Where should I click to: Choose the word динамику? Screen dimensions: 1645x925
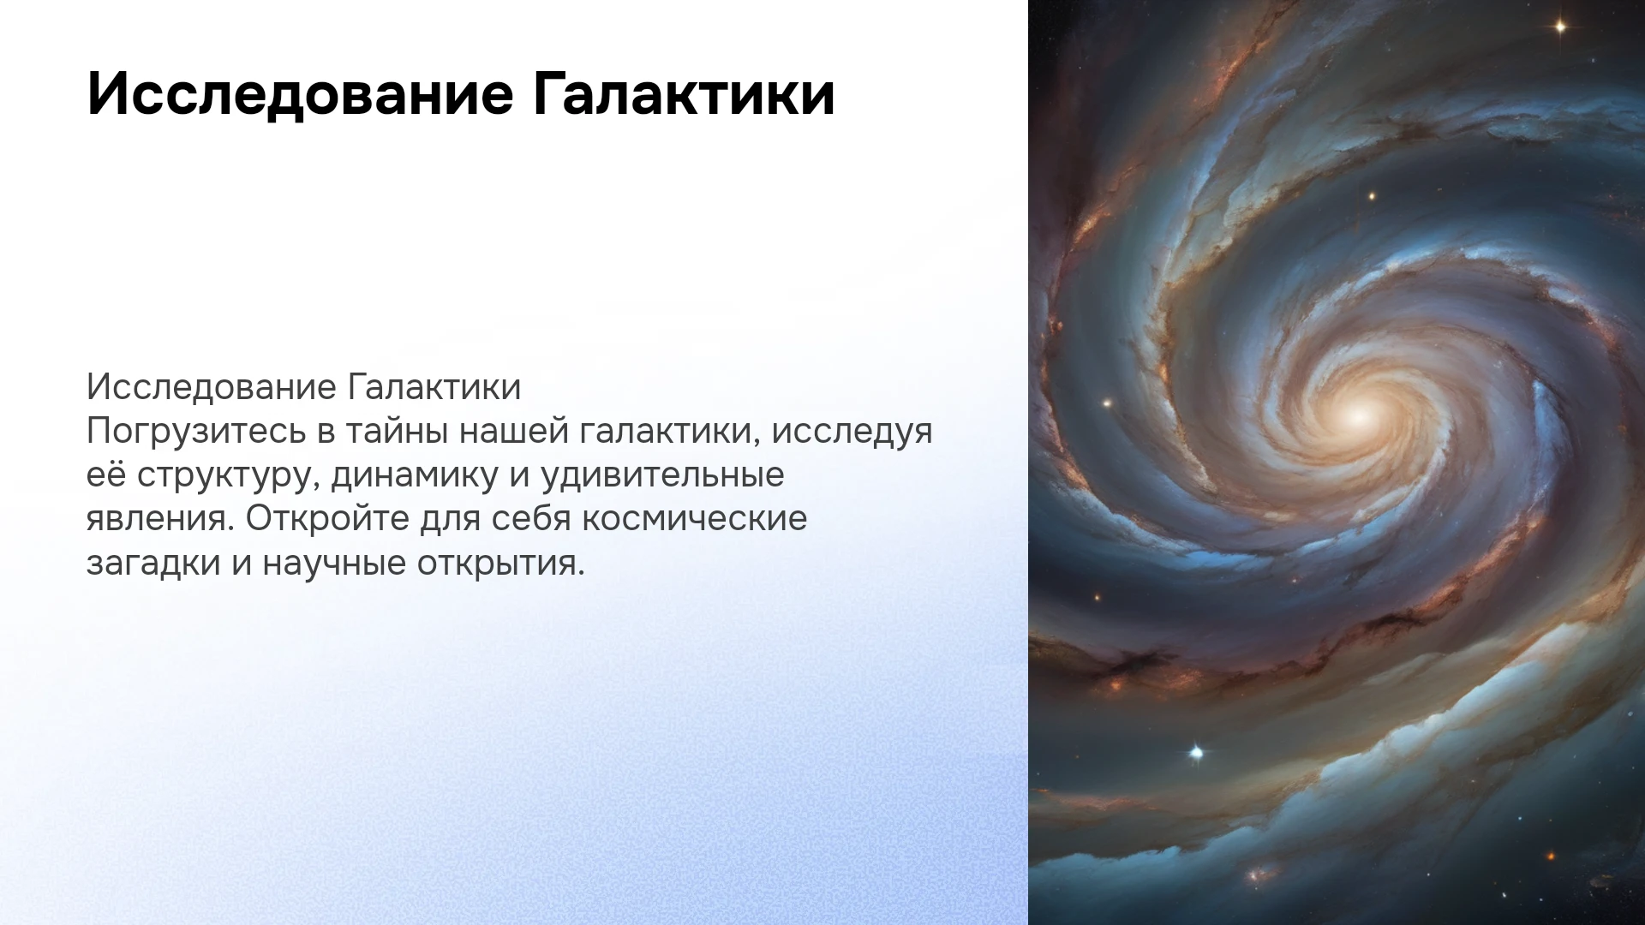pos(415,476)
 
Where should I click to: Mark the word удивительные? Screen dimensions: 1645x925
pos(662,476)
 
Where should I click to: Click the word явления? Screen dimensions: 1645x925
pos(160,520)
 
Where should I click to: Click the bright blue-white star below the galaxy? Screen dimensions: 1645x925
pos(1197,753)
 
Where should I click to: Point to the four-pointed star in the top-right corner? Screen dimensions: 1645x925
pos(1560,27)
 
